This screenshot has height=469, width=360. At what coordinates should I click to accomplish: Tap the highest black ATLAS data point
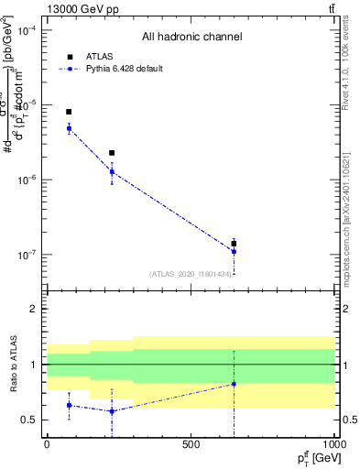pos(69,112)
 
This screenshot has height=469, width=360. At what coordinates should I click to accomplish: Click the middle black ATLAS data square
pos(112,153)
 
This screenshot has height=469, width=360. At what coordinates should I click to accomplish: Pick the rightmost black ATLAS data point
pos(234,244)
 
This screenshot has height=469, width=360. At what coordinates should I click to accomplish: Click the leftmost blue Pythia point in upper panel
pos(69,128)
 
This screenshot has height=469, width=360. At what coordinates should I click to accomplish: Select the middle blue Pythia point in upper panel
pos(112,171)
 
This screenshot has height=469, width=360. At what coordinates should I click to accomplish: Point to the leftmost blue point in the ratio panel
pos(69,405)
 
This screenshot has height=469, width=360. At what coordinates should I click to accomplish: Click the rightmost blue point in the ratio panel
pos(234,384)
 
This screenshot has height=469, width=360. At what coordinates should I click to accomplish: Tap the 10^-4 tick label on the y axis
pos(26,30)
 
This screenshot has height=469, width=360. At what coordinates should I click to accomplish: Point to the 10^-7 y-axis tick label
pos(26,255)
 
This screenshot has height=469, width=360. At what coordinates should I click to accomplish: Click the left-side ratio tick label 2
pos(32,309)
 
